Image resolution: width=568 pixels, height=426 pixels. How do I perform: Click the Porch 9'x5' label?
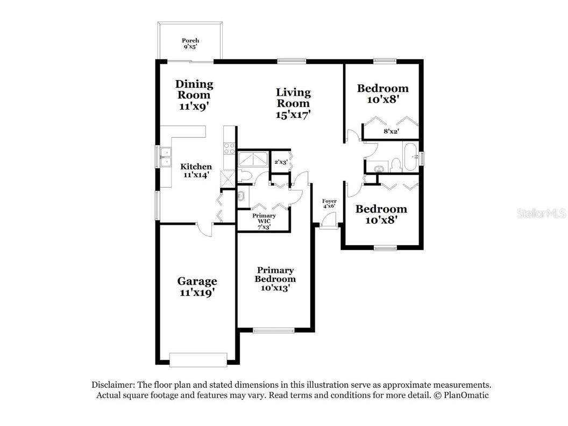[190, 44]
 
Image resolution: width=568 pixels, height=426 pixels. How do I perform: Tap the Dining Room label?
[194, 95]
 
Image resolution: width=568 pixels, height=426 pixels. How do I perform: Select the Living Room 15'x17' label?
[293, 103]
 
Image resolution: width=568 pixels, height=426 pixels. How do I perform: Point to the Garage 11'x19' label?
[197, 286]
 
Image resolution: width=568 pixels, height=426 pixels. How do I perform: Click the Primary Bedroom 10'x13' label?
[275, 279]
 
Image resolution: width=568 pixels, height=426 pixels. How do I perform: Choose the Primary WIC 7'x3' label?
[264, 221]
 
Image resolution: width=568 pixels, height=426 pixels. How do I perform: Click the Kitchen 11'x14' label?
[196, 170]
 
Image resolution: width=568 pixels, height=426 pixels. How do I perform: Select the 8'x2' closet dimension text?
[391, 131]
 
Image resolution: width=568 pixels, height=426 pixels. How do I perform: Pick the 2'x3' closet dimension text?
[281, 162]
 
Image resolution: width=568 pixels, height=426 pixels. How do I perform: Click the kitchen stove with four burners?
[229, 148]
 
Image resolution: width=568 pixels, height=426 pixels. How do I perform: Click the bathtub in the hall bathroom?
[411, 158]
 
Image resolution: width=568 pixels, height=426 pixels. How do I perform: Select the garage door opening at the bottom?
[197, 360]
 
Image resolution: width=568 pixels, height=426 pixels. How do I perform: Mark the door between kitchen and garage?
[204, 230]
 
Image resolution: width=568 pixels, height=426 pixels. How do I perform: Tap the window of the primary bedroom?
[274, 330]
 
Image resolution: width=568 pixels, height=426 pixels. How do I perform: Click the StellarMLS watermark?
[541, 214]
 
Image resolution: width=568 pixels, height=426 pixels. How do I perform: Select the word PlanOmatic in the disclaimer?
[464, 395]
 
